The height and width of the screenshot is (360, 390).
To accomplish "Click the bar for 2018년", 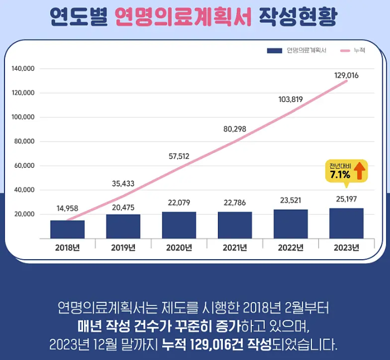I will [67, 229].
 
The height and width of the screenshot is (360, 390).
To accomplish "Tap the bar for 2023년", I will [346, 223].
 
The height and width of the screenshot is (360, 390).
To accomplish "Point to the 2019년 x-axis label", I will [123, 248].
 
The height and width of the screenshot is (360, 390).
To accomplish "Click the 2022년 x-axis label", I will [290, 248].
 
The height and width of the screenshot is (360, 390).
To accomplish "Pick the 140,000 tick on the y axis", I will [23, 69].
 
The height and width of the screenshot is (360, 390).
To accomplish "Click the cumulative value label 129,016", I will [346, 75].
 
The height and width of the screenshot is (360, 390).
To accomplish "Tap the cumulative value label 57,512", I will [179, 156].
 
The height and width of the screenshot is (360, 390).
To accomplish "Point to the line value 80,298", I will [235, 129].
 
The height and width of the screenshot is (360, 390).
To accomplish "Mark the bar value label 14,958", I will [67, 208].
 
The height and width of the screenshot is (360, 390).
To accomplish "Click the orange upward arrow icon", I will [360, 171].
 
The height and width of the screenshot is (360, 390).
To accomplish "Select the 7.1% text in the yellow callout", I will [339, 174].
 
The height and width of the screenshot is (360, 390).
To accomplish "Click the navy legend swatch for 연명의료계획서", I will [274, 51].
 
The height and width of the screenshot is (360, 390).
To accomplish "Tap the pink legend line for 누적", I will [344, 51].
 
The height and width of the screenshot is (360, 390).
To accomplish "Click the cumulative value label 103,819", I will [290, 100].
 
